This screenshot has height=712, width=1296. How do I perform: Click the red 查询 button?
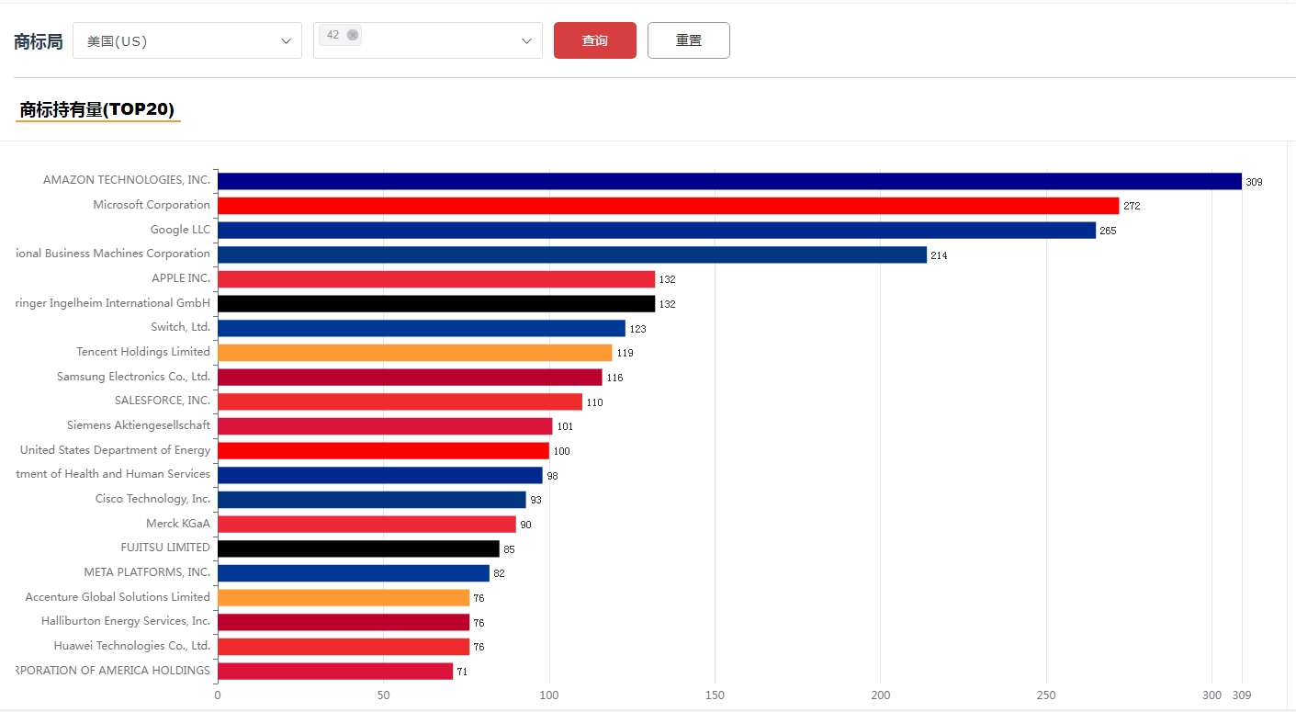click(x=594, y=40)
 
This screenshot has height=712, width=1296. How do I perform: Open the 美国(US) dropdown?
click(x=186, y=40)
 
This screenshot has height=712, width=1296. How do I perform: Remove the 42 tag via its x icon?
click(x=353, y=35)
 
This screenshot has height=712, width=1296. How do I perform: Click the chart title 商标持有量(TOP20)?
click(x=97, y=110)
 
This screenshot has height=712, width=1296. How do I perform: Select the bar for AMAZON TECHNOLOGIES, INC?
click(x=729, y=181)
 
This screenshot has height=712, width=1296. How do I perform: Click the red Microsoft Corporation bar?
click(x=668, y=206)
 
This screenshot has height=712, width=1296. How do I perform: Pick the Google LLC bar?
click(x=656, y=231)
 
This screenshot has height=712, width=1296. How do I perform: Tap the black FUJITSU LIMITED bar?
click(x=358, y=548)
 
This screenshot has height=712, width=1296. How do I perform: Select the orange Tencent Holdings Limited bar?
click(x=414, y=353)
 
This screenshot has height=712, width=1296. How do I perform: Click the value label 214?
click(x=939, y=255)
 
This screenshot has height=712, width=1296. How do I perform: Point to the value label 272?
click(x=1132, y=206)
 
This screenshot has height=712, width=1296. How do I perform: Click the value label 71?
click(x=462, y=672)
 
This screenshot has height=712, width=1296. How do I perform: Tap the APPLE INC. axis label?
click(x=181, y=277)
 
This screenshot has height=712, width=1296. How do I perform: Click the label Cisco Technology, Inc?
click(x=152, y=498)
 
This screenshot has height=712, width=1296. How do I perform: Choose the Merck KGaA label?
click(x=178, y=523)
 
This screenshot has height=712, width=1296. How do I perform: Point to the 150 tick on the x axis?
click(x=715, y=695)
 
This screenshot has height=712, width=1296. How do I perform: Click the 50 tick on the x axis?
click(x=383, y=695)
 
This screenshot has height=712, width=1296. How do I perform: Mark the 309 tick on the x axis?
click(x=1242, y=695)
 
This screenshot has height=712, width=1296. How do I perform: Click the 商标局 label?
click(x=39, y=41)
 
